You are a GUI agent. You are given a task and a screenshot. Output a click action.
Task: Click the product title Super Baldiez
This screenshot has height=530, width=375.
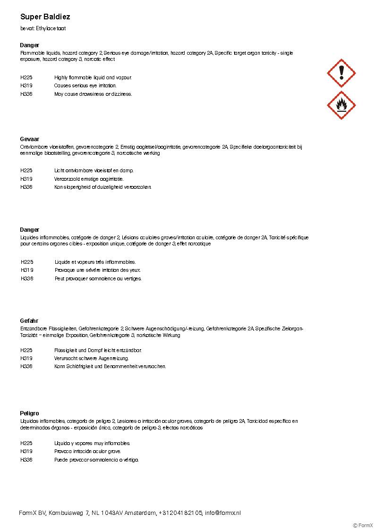[45, 17]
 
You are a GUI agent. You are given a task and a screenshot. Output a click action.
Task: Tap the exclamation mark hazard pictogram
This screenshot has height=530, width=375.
[341, 73]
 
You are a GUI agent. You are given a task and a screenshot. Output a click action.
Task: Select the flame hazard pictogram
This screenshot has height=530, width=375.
[341, 105]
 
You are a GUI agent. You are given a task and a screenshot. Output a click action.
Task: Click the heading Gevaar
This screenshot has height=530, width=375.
[30, 139]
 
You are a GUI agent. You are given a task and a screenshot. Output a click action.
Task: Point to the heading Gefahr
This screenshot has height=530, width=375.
[29, 321]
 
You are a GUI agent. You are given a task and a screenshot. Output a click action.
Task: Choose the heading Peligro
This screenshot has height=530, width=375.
[30, 413]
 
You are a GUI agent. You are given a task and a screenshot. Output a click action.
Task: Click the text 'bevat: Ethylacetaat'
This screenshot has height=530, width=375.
[43, 28]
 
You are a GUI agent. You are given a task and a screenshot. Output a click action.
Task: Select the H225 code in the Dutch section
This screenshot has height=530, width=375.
[26, 170]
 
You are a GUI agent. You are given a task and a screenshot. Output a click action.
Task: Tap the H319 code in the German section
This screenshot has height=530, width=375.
[26, 358]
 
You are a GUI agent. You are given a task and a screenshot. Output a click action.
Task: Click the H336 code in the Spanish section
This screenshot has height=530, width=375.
[26, 460]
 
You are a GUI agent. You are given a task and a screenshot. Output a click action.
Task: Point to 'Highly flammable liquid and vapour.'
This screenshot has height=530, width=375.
[93, 77]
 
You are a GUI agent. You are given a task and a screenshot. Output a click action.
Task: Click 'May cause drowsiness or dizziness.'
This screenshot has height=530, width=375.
[93, 94]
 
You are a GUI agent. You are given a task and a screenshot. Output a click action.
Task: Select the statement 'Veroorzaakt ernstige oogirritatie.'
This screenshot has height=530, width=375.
[89, 179]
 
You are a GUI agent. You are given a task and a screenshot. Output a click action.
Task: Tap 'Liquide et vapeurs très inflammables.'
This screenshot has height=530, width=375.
[95, 262]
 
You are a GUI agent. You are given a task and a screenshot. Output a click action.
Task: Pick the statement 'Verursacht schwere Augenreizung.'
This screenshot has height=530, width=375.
[92, 358]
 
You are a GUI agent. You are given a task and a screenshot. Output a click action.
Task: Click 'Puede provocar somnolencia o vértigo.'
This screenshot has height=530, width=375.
[96, 460]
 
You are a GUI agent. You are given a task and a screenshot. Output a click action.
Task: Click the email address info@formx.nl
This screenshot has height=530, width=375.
[223, 513]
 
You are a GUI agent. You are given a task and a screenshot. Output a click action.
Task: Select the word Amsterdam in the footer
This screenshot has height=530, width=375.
[140, 513]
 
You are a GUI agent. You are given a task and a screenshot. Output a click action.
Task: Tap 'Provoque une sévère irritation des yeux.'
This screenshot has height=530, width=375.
[98, 270]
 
